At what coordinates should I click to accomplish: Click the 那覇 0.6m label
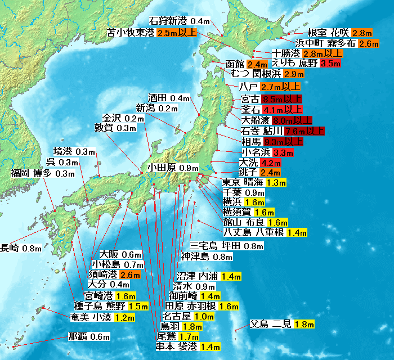tap(88, 337)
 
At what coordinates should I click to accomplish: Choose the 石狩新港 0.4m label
tap(178, 21)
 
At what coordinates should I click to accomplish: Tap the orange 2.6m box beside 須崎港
tap(129, 275)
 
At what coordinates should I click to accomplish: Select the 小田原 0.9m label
tap(173, 168)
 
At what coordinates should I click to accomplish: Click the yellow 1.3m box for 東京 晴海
tap(276, 183)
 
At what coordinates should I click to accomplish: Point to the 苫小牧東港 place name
tap(131, 33)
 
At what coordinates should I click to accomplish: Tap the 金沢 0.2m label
tap(122, 118)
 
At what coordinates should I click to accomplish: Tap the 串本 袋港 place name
tap(177, 346)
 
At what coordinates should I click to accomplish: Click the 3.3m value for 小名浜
tap(283, 152)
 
